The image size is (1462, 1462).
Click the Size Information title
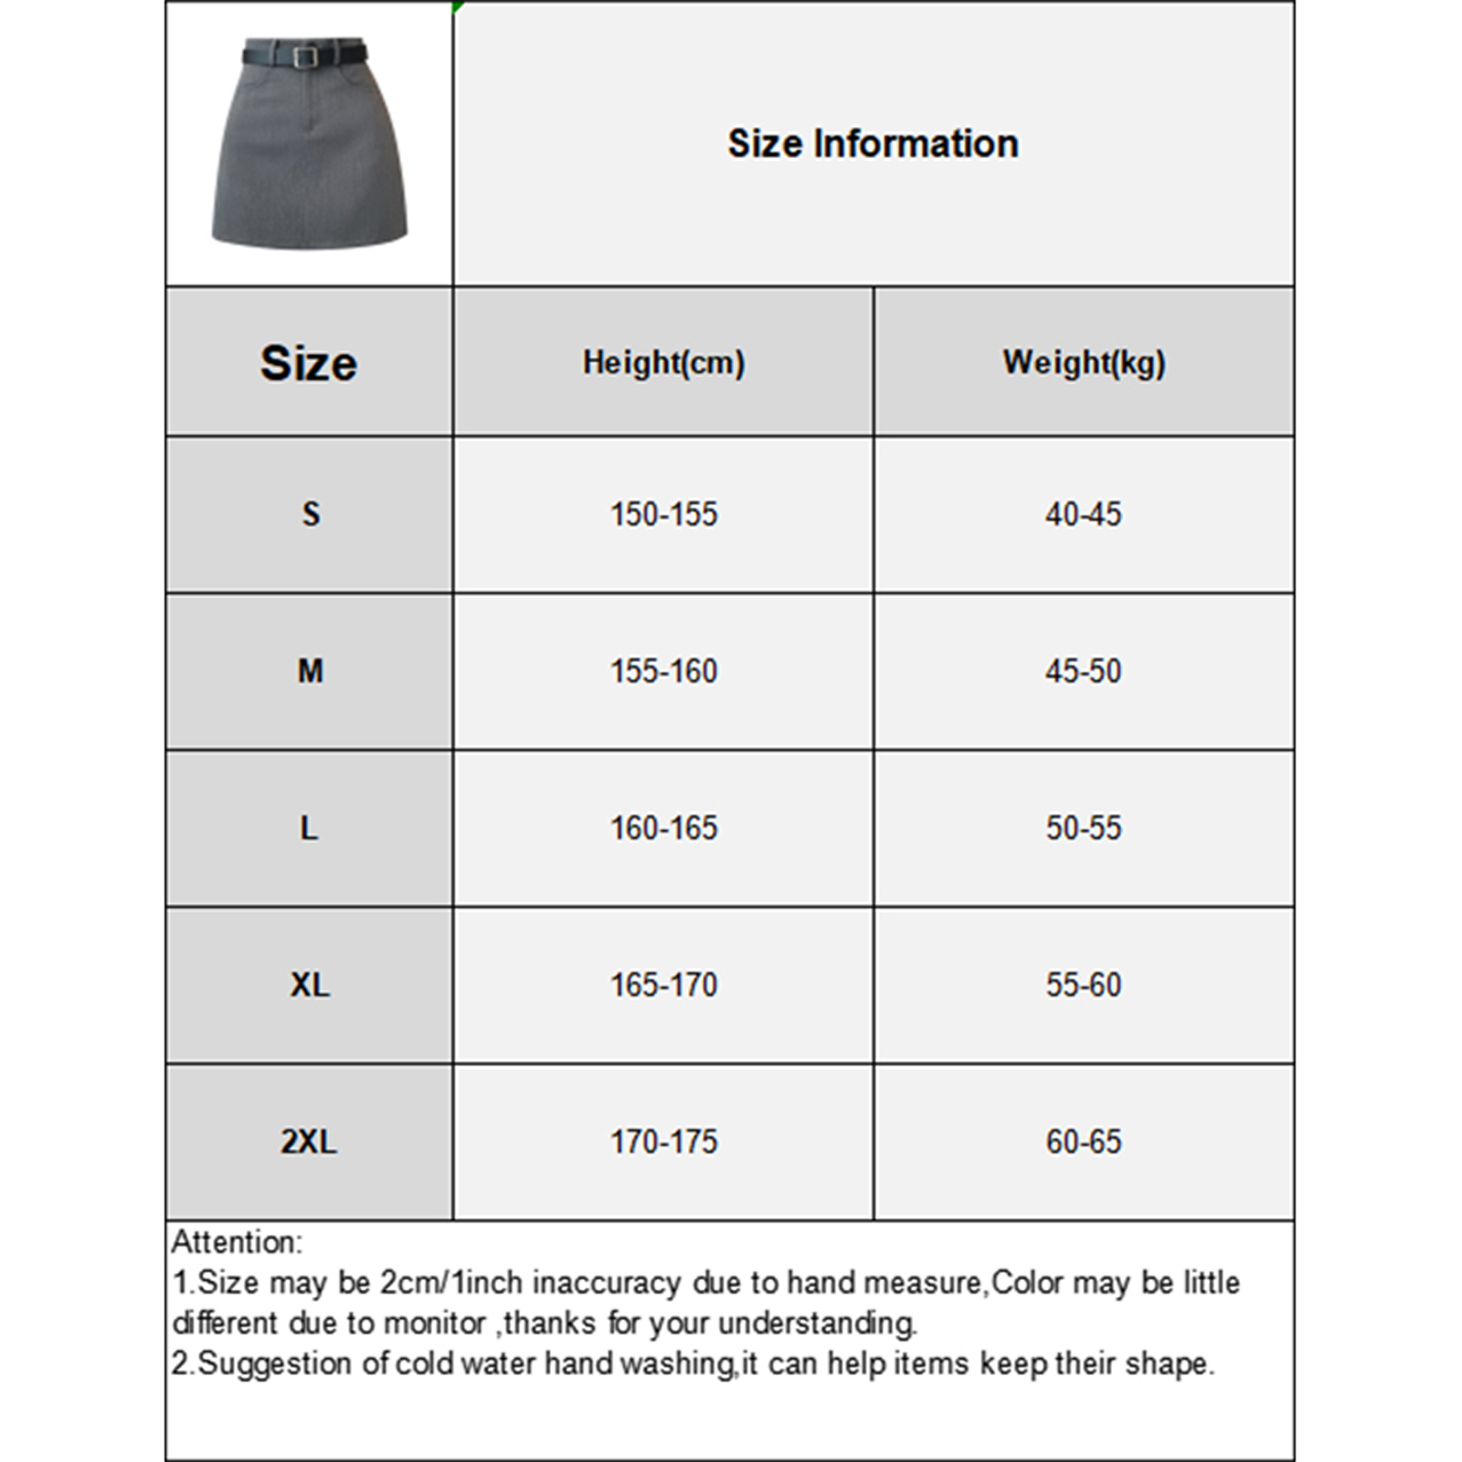coord(873,143)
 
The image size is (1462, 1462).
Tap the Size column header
coord(309,363)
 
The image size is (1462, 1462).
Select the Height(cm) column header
coord(663,363)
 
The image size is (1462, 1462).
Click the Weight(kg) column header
coord(1084,363)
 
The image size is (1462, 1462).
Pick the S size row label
coord(311,514)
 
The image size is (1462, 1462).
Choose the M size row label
coord(311,672)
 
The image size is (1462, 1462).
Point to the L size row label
coord(310,829)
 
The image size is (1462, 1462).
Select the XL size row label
coord(310,985)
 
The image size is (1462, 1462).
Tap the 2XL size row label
coord(309,1142)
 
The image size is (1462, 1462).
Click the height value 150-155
coord(663,514)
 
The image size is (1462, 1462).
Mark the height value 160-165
coord(663,829)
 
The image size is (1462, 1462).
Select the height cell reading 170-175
coord(663,1142)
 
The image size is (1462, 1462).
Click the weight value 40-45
coord(1083,514)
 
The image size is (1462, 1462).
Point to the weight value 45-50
coord(1083,672)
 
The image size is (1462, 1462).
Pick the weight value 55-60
coord(1083,985)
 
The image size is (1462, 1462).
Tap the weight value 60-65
coord(1083,1142)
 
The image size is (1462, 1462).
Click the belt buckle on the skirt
coord(305,56)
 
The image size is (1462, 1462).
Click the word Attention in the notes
coord(234,1243)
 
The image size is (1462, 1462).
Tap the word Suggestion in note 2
coord(274,1363)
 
